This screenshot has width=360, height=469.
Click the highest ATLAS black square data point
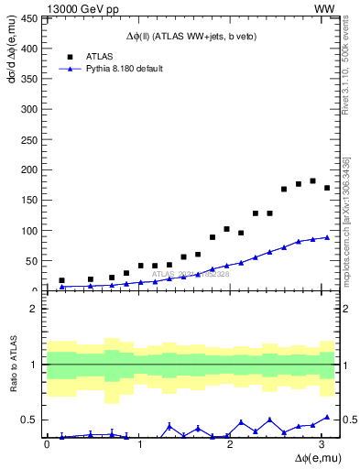[312, 180]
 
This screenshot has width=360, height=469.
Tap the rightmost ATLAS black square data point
[327, 188]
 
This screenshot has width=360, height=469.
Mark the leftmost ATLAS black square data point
[61, 280]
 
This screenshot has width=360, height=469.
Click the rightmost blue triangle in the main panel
[327, 237]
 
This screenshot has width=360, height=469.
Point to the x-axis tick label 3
[320, 444]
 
